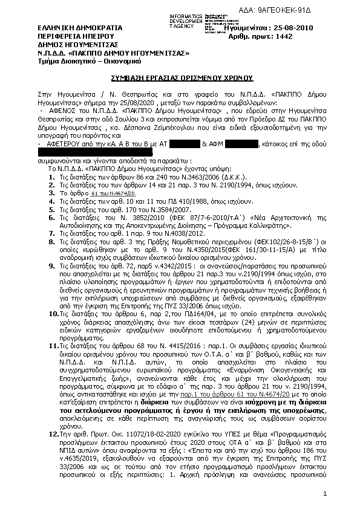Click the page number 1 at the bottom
[324, 494]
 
